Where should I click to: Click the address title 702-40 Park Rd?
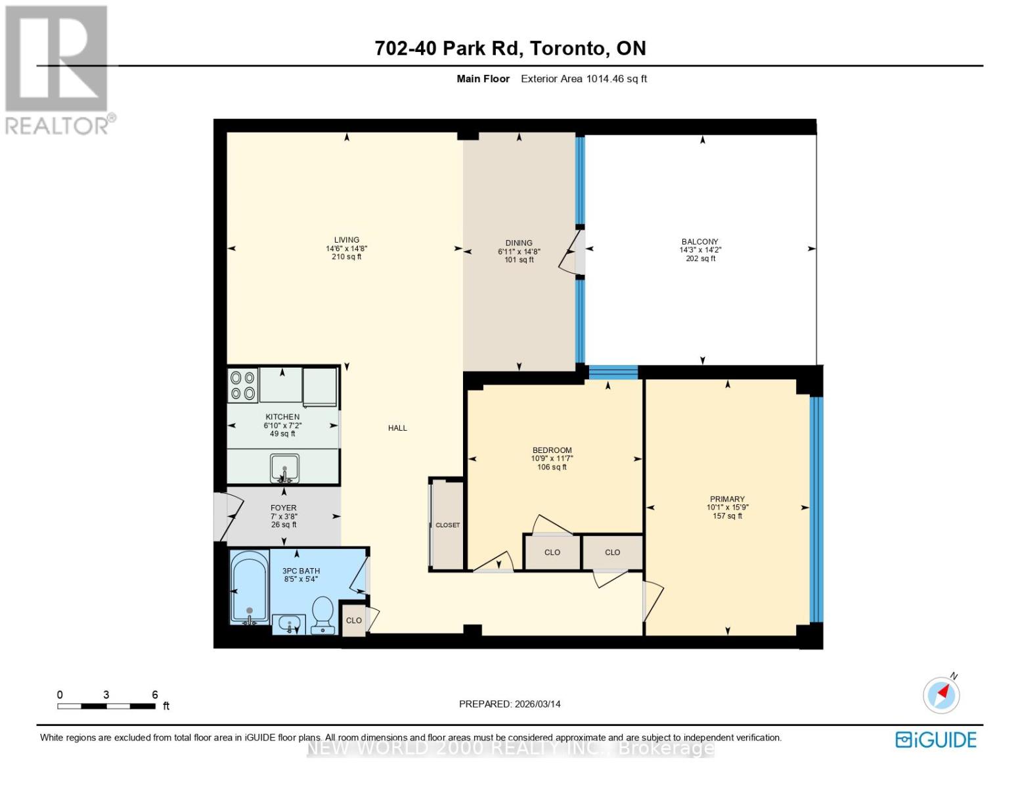[510, 48]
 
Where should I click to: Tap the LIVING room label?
[346, 240]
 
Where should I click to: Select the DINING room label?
[519, 243]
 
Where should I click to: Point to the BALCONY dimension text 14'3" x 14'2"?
[700, 250]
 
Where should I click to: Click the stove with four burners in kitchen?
[242, 385]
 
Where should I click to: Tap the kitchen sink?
[284, 468]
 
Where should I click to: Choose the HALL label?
[397, 428]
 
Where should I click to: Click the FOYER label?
[284, 508]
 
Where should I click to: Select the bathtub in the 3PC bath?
[249, 587]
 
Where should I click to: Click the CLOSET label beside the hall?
[447, 525]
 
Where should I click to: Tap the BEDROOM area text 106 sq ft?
[552, 467]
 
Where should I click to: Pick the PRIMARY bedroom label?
[727, 499]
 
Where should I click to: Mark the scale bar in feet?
[106, 706]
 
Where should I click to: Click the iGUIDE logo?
[936, 740]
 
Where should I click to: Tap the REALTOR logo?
[58, 70]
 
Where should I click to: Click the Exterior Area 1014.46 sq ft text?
[584, 79]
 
